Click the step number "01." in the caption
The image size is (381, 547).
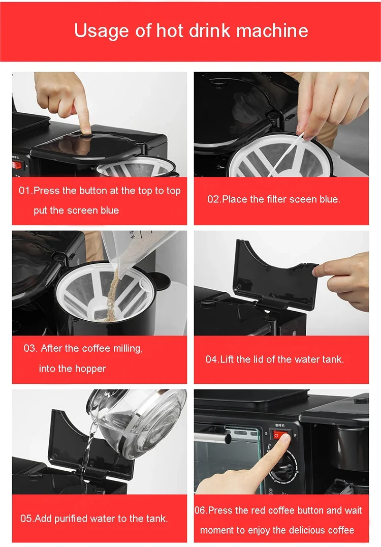tap(26, 191)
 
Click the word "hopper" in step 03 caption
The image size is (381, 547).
tap(90, 369)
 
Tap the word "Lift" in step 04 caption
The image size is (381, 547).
tap(227, 359)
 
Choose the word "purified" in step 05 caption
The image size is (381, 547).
tap(72, 519)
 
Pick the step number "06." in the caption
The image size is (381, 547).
tap(201, 510)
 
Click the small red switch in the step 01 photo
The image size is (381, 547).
tap(17, 165)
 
